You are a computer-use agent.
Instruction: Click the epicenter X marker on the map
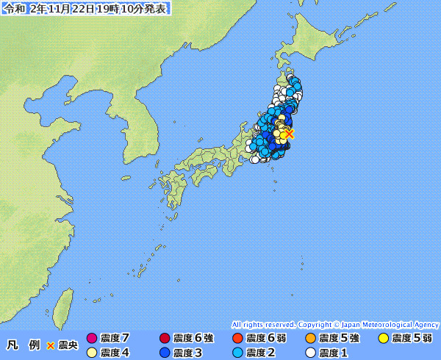click(290, 134)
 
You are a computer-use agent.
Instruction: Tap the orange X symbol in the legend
click(50, 345)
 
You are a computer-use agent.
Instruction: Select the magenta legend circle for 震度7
click(92, 339)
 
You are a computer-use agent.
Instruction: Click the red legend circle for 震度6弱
click(237, 339)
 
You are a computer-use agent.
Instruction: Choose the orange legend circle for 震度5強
click(310, 339)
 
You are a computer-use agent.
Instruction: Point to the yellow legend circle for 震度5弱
click(383, 339)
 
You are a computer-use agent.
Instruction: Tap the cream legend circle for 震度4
click(92, 353)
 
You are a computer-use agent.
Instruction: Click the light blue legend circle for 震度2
click(237, 353)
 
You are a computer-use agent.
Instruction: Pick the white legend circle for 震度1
click(310, 353)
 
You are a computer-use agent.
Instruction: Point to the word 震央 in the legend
click(68, 345)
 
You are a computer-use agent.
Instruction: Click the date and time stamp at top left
click(85, 9)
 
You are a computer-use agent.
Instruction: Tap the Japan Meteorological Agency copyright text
click(335, 324)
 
